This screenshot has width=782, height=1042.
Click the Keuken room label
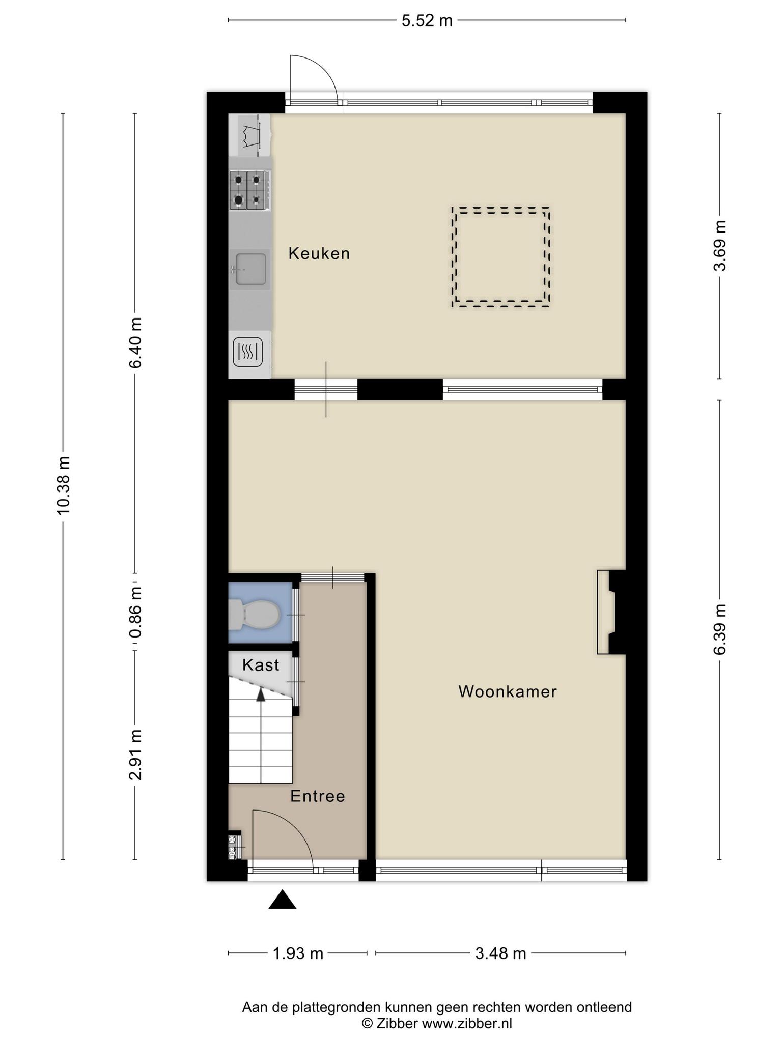[319, 253]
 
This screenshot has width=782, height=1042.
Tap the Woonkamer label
[508, 691]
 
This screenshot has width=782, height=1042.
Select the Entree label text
[318, 796]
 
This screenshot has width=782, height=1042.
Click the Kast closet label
[261, 665]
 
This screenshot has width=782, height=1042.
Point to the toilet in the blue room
[254, 614]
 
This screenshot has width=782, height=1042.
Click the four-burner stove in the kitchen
[248, 190]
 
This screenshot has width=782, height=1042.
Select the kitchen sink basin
[250, 269]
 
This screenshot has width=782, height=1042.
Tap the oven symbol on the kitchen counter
[248, 352]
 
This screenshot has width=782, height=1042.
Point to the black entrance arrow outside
[282, 900]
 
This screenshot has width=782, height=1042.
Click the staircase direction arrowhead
[261, 694]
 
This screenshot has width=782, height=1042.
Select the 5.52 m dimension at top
[427, 21]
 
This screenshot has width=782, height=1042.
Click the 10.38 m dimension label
[63, 485]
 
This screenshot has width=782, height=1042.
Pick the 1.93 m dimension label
[298, 953]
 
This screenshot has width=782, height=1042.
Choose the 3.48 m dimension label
[500, 953]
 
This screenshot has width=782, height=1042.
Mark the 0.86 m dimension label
[135, 612]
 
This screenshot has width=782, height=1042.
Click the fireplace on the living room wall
[611, 612]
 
